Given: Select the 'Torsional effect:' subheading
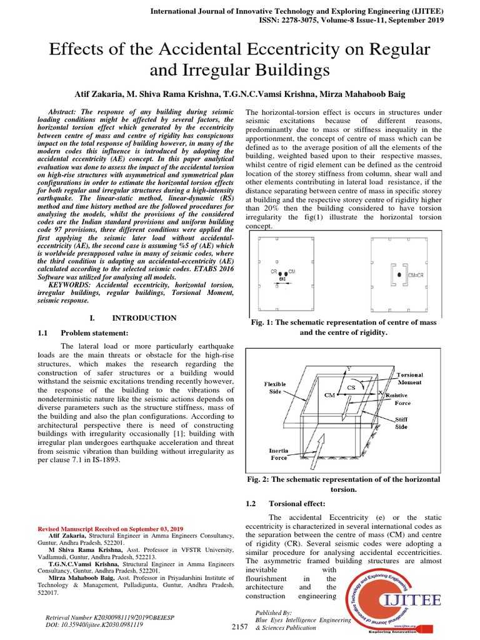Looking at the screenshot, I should [298, 503].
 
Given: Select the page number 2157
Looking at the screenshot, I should [239, 626].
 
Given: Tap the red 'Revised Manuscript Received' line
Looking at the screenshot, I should [111, 528].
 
